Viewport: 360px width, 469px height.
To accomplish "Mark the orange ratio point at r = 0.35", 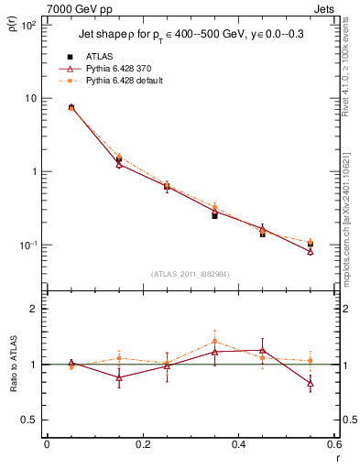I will click(214, 342).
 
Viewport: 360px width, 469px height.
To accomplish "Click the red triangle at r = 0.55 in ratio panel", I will click(311, 383).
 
